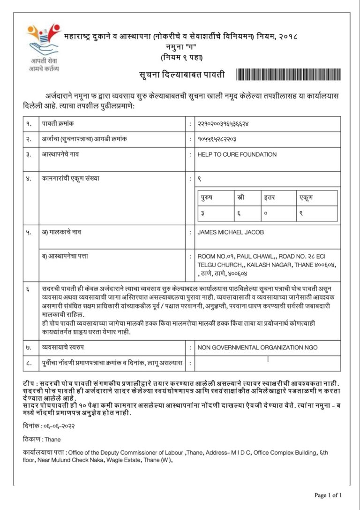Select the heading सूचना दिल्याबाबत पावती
181,75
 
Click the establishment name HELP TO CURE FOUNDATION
237,154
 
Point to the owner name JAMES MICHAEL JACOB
233,232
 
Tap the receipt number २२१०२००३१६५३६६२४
223,123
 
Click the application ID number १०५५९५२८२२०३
217,139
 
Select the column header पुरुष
206,198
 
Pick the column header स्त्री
241,198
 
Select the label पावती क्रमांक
58,123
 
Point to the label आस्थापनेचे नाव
61,154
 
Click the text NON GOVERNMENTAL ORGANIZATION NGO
257,348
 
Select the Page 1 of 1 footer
328,495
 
